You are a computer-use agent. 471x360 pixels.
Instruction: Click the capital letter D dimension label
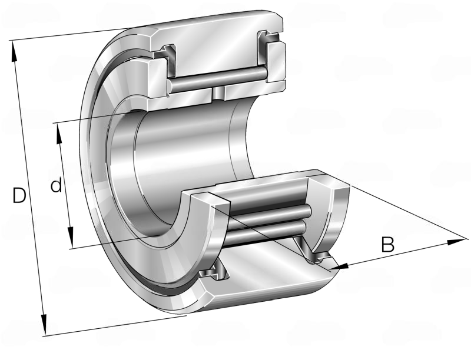pos(19,195)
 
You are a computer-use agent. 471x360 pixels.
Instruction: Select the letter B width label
pos(387,245)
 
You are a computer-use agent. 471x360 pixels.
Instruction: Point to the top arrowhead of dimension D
pos(14,51)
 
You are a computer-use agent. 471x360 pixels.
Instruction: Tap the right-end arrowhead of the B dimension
pos(456,242)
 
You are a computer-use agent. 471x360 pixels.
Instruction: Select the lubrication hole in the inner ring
pos(218,94)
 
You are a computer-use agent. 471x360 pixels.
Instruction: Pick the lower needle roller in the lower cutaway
pos(266,232)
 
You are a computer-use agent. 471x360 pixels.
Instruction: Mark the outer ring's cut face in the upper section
pos(215,44)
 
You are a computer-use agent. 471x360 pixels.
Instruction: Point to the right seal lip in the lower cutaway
pos(313,251)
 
